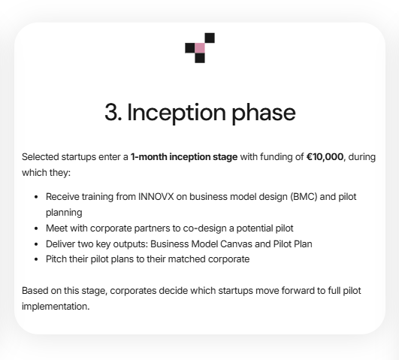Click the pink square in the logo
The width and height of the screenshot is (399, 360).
coord(200,48)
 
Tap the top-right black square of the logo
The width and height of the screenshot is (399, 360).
coord(210,38)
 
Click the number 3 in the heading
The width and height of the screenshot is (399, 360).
coord(112,112)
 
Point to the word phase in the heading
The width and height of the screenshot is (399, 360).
coord(264,113)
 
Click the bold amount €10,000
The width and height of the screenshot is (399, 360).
coord(325,157)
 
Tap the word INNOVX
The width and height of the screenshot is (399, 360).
coord(156,197)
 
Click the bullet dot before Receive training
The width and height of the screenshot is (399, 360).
coord(36,197)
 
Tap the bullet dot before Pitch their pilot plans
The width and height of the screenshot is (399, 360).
coord(36,259)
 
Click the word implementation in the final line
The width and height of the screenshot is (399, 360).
coord(56,307)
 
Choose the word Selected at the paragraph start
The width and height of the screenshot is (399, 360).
coord(41,157)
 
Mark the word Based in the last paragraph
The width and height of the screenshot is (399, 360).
coord(35,291)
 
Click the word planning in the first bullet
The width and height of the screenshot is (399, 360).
coord(64,213)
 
